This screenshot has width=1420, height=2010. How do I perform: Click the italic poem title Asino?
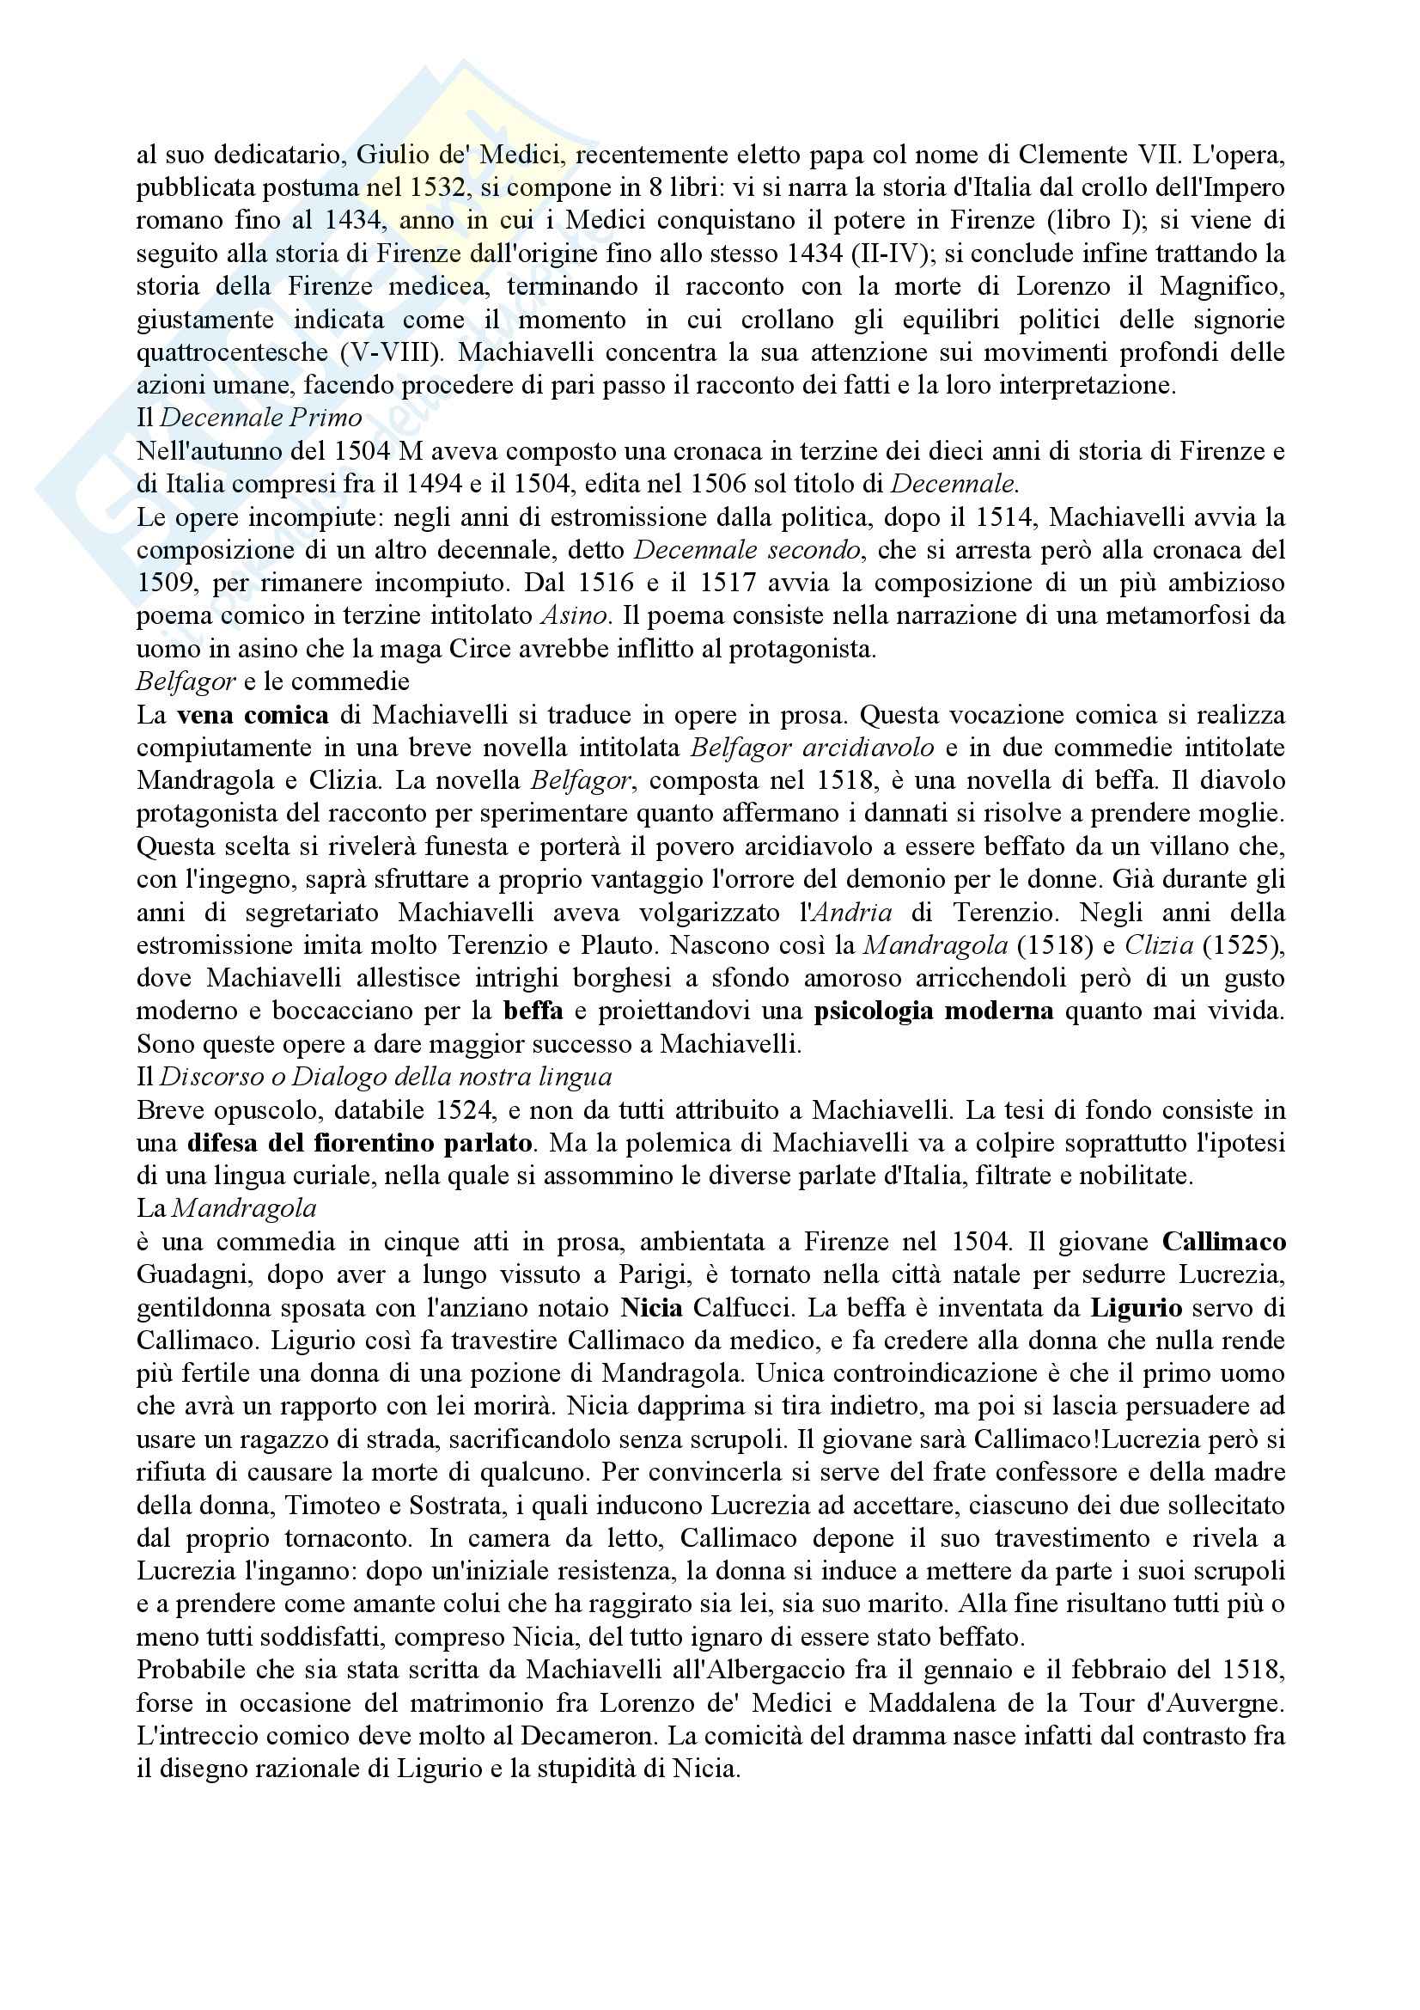click(x=573, y=615)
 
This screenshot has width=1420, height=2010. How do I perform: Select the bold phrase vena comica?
click(x=253, y=715)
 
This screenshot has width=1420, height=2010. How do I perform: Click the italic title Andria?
click(x=851, y=913)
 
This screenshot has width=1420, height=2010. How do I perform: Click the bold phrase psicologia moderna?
click(x=933, y=1011)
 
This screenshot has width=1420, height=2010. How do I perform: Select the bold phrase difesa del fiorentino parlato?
click(x=360, y=1143)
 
